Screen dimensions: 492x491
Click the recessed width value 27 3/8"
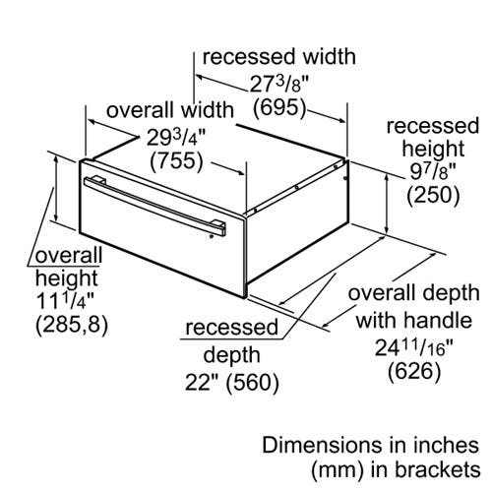click(279, 85)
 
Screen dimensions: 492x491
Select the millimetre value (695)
click(279, 107)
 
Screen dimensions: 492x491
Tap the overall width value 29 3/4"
click(176, 138)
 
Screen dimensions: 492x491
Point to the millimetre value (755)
click(176, 161)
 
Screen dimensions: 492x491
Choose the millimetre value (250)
click(433, 195)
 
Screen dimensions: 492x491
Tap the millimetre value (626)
click(414, 372)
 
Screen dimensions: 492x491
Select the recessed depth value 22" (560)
click(232, 382)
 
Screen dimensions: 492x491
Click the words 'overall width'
click(170, 110)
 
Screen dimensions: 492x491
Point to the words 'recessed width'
click(279, 56)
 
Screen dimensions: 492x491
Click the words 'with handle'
click(414, 320)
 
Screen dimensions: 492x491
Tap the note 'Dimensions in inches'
click(370, 446)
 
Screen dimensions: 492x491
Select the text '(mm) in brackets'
click(396, 469)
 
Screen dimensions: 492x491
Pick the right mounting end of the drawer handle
click(216, 227)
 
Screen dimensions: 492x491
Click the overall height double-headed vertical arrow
click(56, 189)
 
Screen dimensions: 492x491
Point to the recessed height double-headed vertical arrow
click(388, 204)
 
